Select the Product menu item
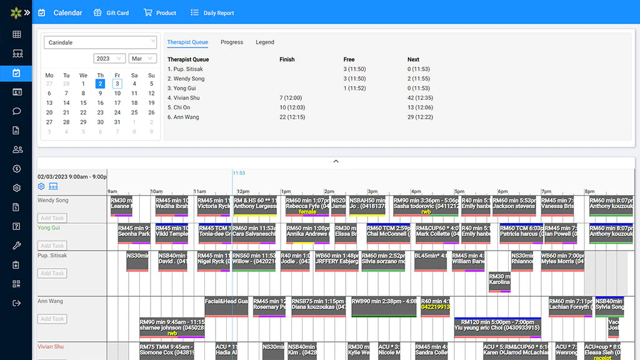(x=160, y=12)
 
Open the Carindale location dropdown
(x=100, y=42)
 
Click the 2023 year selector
(x=109, y=59)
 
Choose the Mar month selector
(x=142, y=59)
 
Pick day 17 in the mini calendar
(x=117, y=103)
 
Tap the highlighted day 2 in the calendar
(x=100, y=84)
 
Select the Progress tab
(x=232, y=42)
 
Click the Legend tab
(x=265, y=42)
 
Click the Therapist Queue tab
(x=187, y=42)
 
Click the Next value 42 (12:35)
(x=420, y=97)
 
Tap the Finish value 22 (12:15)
(x=292, y=117)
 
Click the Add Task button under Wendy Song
(x=52, y=218)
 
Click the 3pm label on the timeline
(x=372, y=191)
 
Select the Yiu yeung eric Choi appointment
(x=497, y=327)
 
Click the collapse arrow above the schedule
(x=336, y=161)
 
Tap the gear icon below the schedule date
(x=41, y=186)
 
